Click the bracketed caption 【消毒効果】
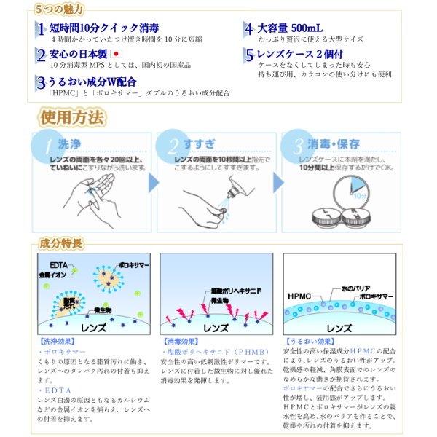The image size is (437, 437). [179, 340]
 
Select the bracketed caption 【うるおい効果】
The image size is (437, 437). [307, 340]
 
